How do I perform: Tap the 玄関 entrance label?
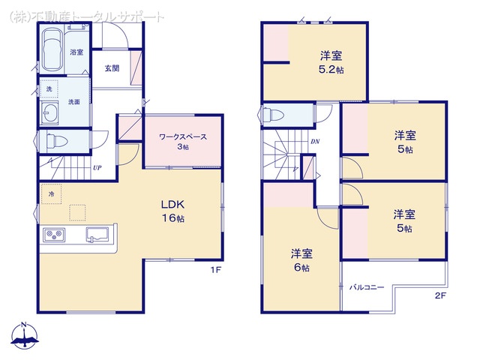point(112,68)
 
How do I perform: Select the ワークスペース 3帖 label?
point(181,141)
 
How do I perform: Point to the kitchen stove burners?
point(54,235)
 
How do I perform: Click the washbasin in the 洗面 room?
point(51,115)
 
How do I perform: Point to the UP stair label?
point(97,168)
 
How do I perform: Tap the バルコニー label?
point(366,287)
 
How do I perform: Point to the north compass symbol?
point(25,336)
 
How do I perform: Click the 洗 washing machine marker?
point(49,88)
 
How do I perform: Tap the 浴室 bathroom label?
point(76,52)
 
